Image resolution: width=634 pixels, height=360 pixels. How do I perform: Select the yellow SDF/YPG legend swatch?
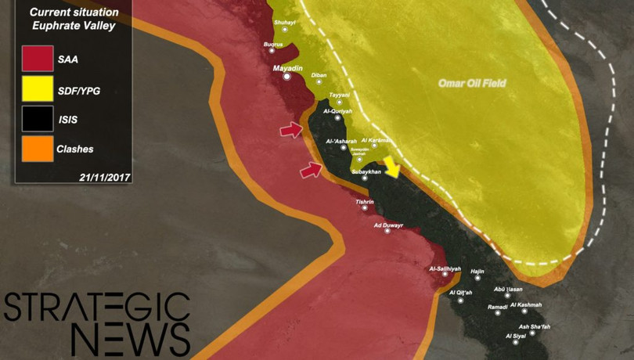click(x=38, y=90)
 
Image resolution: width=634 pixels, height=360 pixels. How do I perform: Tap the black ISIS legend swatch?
click(x=38, y=119)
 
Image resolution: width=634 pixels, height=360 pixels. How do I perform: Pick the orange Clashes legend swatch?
click(x=38, y=148)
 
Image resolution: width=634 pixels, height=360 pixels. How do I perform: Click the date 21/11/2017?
click(x=105, y=176)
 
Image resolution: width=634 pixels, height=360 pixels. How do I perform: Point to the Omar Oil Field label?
click(x=472, y=84)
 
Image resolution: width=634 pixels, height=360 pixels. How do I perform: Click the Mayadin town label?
click(x=287, y=69)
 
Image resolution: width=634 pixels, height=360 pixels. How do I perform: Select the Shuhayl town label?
click(x=284, y=23)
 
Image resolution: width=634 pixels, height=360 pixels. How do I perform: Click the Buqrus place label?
click(x=273, y=45)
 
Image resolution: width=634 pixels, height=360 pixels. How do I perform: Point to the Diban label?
click(x=319, y=75)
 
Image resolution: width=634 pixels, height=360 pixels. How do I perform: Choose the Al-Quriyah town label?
click(x=337, y=110)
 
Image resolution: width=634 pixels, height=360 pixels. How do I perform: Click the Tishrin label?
click(x=365, y=202)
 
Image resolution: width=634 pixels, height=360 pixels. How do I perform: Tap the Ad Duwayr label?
click(x=388, y=225)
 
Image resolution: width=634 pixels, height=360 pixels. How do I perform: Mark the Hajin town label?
click(x=478, y=271)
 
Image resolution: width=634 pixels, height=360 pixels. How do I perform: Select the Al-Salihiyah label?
click(x=445, y=269)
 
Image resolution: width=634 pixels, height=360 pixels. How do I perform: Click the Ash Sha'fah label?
click(x=535, y=326)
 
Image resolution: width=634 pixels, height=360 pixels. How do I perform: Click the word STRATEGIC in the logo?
click(x=97, y=308)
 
